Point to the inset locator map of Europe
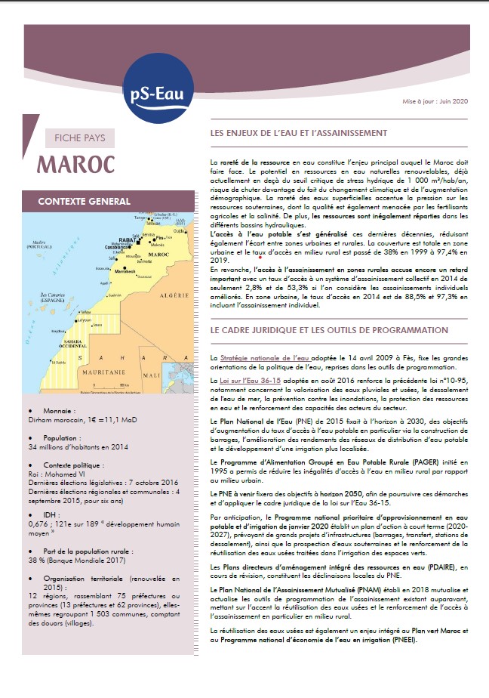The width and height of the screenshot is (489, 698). click(x=173, y=220)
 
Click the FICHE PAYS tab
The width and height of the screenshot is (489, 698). click(x=80, y=138)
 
